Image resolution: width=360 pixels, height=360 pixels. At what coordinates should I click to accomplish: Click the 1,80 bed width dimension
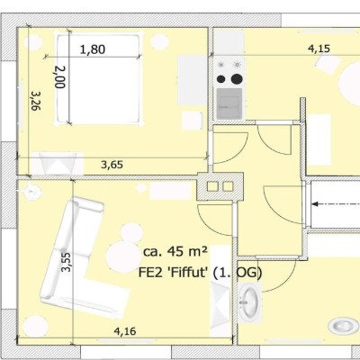(x=93, y=49)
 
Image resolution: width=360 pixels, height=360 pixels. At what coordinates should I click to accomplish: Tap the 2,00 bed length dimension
(x=60, y=76)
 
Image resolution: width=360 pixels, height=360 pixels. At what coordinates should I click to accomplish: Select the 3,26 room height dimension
(x=36, y=101)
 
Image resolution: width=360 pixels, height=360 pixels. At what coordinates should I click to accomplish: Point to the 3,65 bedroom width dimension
(x=112, y=165)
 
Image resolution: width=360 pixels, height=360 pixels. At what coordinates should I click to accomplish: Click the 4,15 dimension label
(x=319, y=49)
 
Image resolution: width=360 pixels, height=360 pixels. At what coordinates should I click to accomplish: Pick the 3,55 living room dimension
(x=66, y=262)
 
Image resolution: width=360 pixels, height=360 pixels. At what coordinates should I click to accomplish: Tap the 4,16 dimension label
(x=125, y=331)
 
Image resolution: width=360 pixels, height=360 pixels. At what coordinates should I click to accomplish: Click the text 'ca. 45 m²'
(x=175, y=251)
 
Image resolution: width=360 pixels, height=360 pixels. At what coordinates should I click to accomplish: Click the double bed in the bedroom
(x=99, y=78)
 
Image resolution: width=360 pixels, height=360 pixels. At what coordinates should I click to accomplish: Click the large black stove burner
(x=237, y=79)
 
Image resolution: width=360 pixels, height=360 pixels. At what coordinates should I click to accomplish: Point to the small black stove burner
(x=221, y=79)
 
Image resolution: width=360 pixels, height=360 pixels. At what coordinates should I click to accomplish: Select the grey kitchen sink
(x=229, y=103)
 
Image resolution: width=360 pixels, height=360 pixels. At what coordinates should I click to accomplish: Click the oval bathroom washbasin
(x=249, y=301)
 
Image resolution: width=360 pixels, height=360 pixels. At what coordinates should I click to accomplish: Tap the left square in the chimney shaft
(x=212, y=186)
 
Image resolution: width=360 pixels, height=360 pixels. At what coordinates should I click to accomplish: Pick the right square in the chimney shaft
(x=228, y=186)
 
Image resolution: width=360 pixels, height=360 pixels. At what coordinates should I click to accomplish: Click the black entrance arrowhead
(x=315, y=204)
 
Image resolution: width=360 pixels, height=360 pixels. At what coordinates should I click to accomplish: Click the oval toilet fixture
(x=340, y=326)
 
